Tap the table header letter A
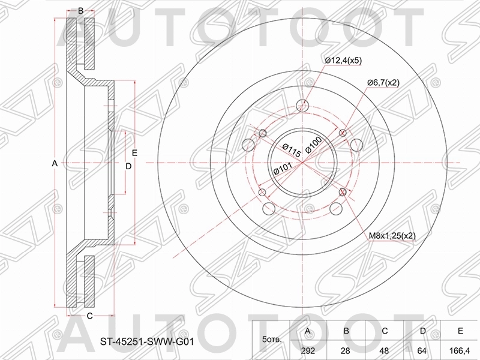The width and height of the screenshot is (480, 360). tap(308, 331)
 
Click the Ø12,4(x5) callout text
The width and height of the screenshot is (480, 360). tap(343, 60)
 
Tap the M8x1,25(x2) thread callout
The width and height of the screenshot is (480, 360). tap(392, 236)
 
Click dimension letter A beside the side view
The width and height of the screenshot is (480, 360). tap(55, 163)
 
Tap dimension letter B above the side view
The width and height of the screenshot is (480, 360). tap(80, 11)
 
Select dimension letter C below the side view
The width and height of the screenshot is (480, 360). tap(89, 316)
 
